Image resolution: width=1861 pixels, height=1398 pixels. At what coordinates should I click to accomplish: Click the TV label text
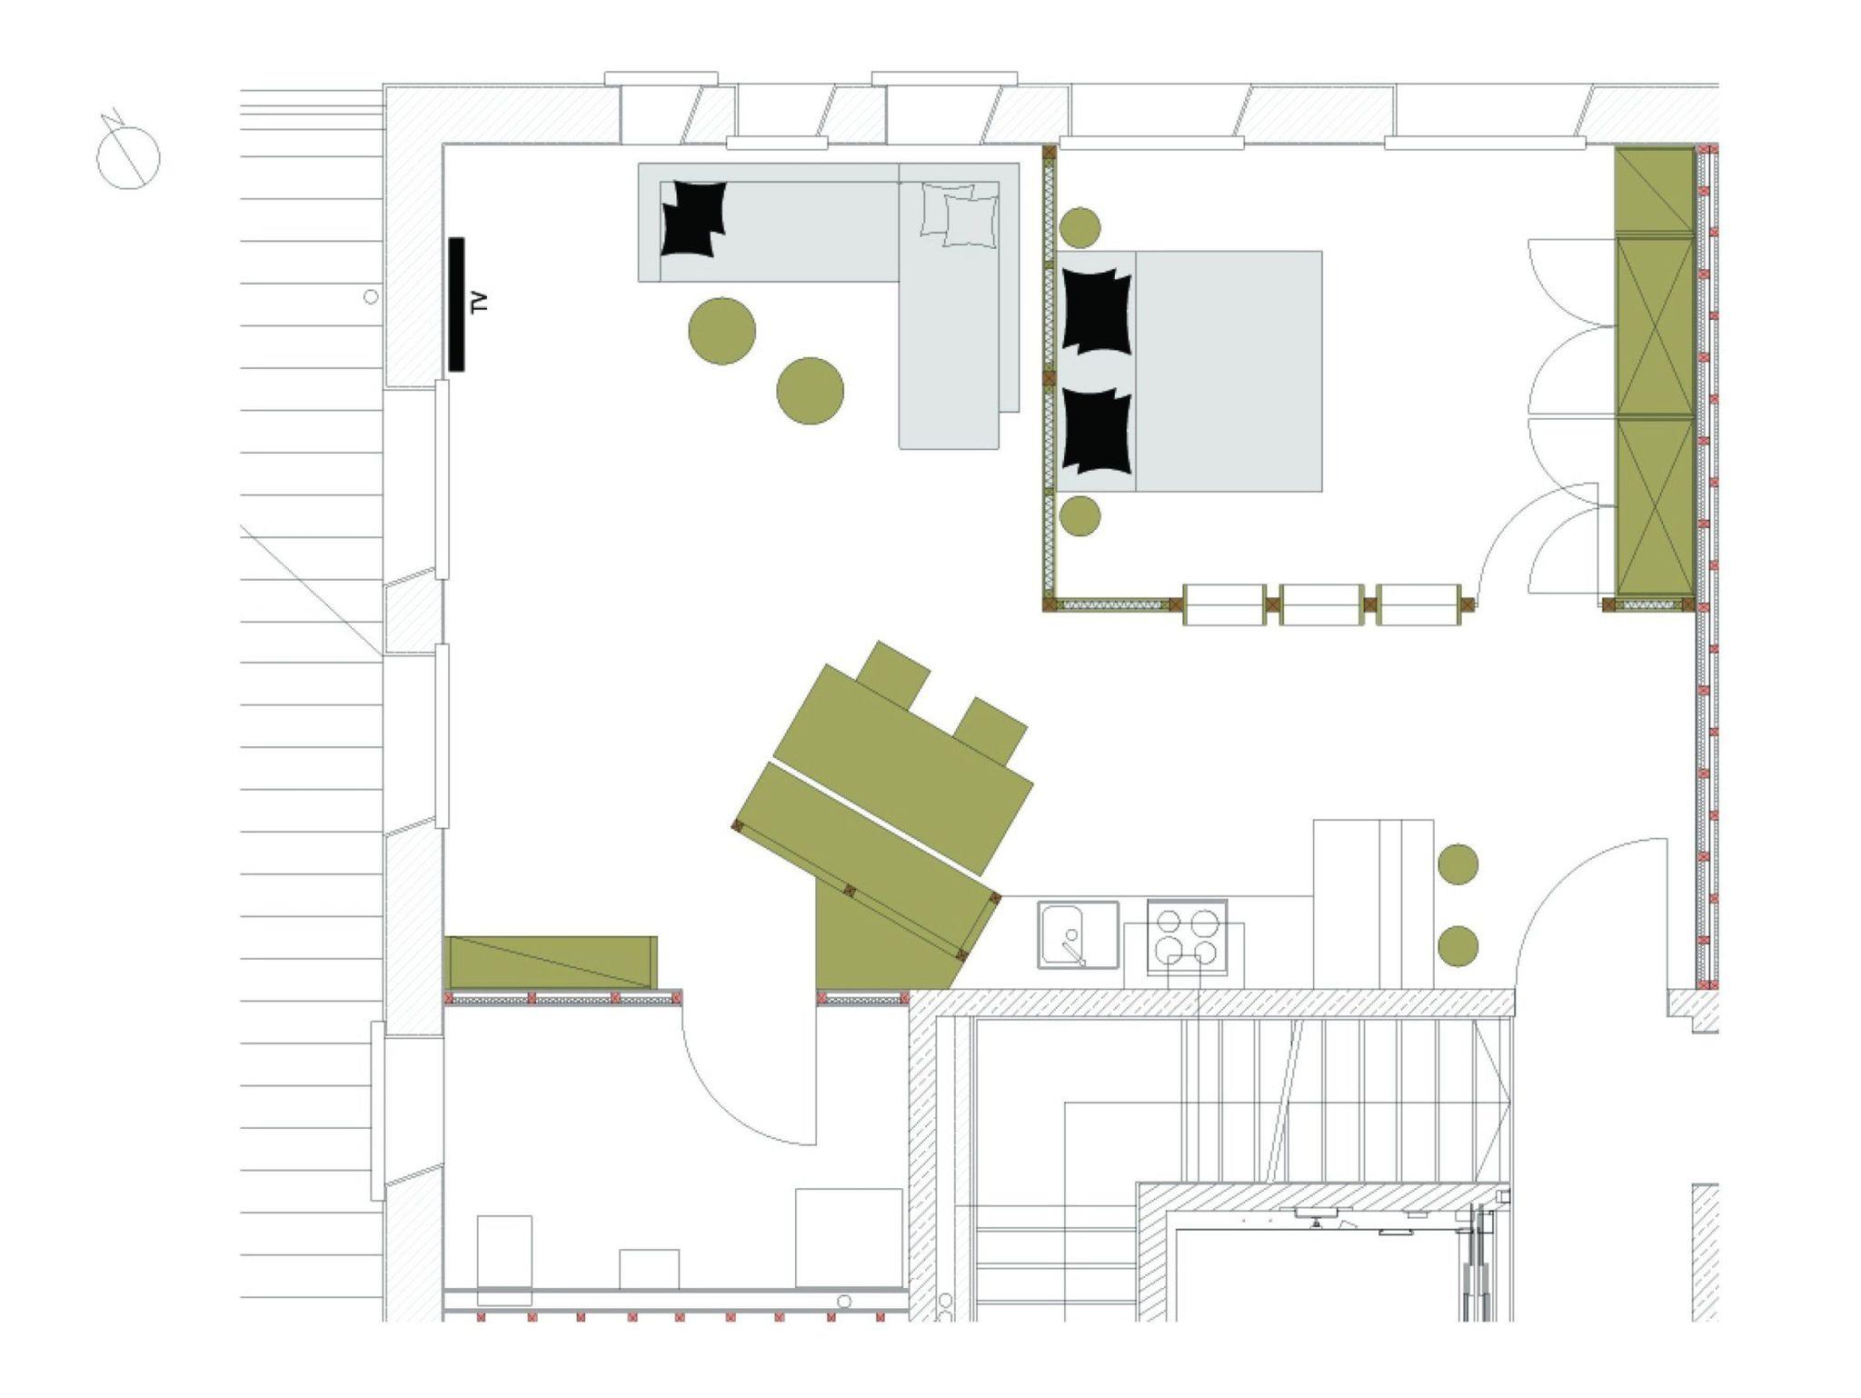(481, 303)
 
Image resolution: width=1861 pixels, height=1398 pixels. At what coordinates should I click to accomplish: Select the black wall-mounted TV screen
(456, 305)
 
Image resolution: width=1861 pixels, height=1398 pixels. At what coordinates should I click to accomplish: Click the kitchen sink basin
(1079, 934)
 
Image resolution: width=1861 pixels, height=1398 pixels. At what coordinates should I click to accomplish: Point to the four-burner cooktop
(1187, 936)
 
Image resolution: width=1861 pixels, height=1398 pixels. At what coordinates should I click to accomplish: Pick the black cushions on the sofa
(693, 218)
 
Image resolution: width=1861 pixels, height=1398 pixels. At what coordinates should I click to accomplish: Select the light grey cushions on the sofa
(960, 215)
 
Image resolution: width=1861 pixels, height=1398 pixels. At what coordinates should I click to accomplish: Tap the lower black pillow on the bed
(1097, 431)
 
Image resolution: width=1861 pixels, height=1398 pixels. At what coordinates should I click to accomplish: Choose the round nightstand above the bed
(1080, 227)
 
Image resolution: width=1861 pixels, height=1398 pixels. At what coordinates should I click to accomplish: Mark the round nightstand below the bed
(1080, 516)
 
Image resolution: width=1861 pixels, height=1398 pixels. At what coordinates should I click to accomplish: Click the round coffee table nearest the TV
(722, 331)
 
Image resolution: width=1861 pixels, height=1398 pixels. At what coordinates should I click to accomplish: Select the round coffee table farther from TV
(811, 391)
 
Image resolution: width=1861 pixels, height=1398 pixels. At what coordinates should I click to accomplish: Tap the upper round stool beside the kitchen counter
(1458, 864)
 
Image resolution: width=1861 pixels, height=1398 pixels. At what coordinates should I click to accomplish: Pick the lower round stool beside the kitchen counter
(1458, 945)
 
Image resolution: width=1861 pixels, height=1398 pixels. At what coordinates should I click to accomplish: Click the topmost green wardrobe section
(1654, 190)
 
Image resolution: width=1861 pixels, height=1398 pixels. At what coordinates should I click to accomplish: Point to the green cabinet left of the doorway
(552, 962)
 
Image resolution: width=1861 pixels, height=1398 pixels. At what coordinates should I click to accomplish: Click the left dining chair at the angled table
(894, 675)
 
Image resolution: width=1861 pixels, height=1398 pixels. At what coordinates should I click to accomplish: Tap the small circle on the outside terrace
(371, 296)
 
